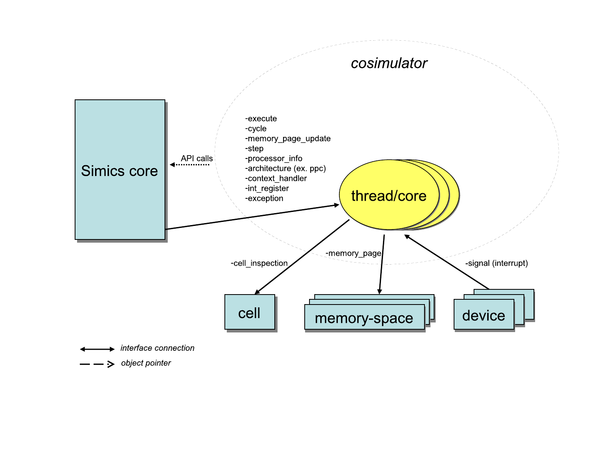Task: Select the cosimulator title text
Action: [389, 63]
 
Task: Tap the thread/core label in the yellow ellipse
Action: [389, 196]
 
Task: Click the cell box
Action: [250, 313]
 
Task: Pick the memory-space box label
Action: [364, 318]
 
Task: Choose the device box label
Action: [484, 316]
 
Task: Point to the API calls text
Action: [196, 158]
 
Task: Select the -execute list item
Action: [261, 119]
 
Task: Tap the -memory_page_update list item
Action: [288, 138]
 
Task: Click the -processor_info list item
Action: [274, 158]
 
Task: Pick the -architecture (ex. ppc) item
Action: [286, 168]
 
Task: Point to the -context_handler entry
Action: [276, 178]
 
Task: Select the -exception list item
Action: [264, 198]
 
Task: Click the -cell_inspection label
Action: [259, 263]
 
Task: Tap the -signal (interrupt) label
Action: [496, 263]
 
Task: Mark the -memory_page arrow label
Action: [353, 253]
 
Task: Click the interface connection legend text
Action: [157, 348]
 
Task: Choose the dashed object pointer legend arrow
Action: [97, 364]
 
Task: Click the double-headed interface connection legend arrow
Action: [97, 349]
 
